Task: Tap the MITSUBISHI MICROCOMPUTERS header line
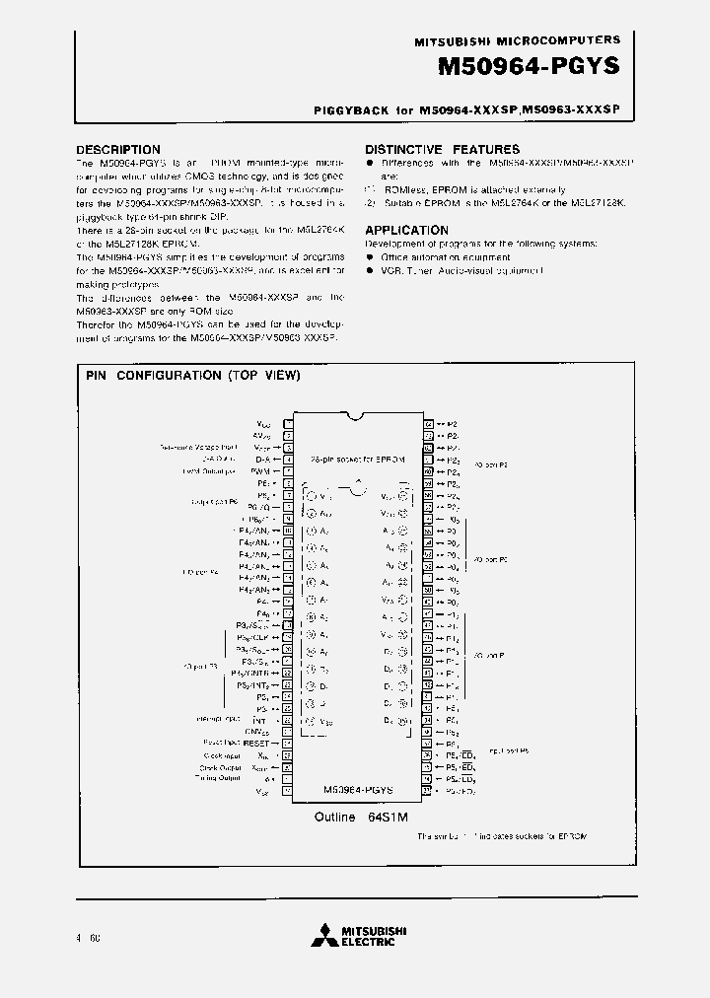[x=518, y=40]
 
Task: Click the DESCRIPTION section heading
[x=118, y=150]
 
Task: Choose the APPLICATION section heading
[x=407, y=230]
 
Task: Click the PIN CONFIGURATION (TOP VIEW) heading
[x=193, y=376]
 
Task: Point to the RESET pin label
[x=256, y=743]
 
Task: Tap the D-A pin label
[x=262, y=459]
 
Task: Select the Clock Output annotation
[x=220, y=766]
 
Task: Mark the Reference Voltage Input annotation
[x=198, y=447]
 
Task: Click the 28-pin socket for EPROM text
[x=356, y=460]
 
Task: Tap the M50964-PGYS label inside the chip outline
[x=358, y=790]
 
